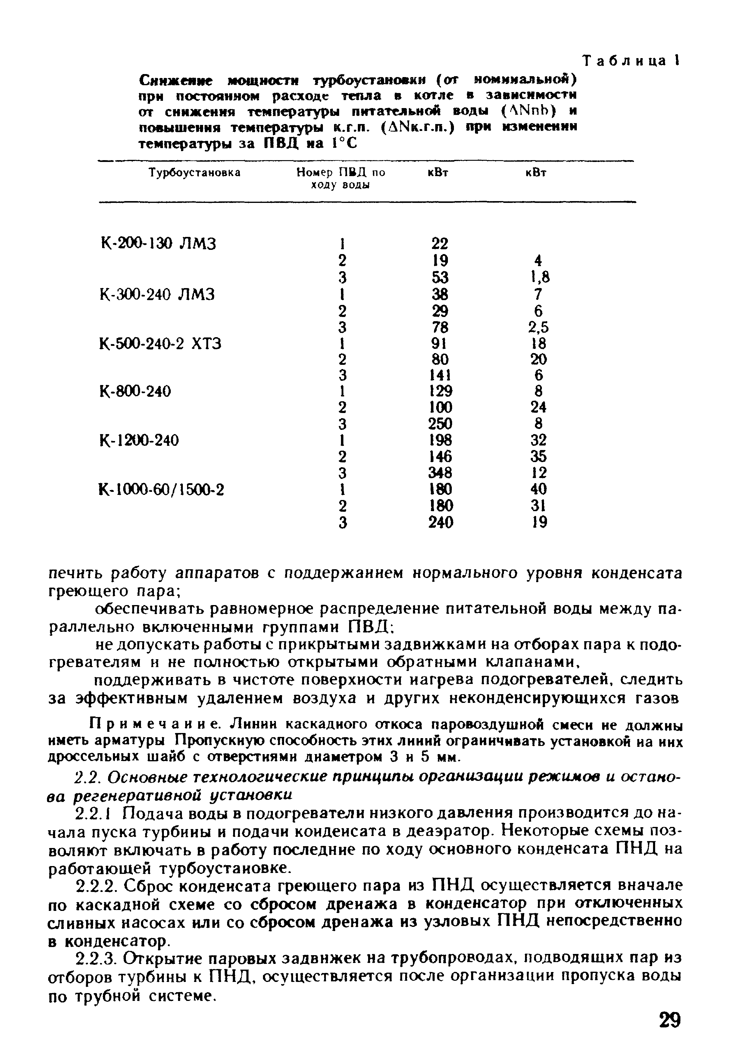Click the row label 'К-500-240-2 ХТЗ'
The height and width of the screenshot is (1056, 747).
point(161,343)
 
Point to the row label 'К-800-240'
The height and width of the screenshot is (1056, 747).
point(135,391)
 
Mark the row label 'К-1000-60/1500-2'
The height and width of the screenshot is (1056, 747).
point(162,489)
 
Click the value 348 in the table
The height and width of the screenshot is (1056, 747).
point(440,473)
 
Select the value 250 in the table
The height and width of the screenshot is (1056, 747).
point(440,424)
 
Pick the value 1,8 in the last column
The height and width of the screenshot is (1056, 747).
point(539,277)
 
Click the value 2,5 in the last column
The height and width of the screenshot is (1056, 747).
point(539,327)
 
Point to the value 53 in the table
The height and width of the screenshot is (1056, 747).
point(440,277)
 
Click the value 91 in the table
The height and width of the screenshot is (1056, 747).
point(440,343)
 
